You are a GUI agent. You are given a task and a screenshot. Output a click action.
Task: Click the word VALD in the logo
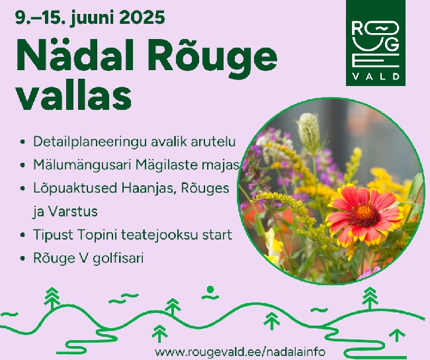click(x=376, y=76)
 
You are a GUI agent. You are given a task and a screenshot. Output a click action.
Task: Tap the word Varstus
click(x=73, y=212)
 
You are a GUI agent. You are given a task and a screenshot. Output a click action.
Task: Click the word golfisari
click(x=118, y=258)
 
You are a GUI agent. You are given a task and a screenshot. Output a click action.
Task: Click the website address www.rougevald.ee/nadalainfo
click(x=240, y=351)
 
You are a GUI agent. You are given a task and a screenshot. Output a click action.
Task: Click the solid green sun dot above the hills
click(x=210, y=289)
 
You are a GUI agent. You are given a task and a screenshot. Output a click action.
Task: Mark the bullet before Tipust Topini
click(x=22, y=235)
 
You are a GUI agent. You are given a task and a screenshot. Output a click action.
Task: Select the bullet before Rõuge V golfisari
click(x=22, y=259)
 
